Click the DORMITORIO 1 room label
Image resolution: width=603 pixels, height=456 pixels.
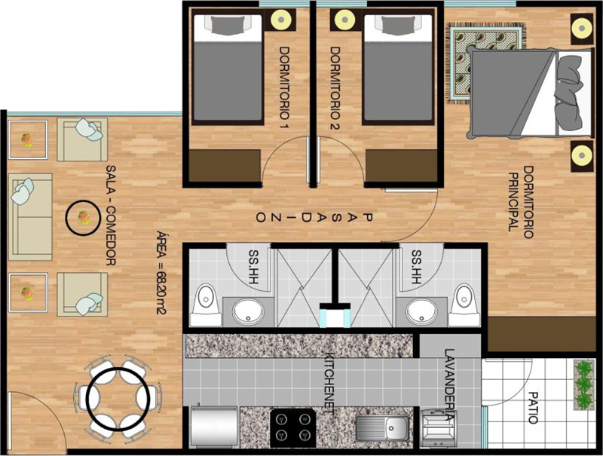pos(284,88)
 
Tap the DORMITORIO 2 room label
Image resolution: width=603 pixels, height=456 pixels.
pos(335,88)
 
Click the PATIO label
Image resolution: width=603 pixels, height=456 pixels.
pos(533,408)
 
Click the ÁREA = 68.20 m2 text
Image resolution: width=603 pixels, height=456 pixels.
pos(161,273)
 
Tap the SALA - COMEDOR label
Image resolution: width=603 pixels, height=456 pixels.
pos(111,216)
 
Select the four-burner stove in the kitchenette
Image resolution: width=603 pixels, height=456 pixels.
pos(293,427)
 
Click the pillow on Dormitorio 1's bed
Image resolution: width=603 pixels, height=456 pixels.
pos(228,25)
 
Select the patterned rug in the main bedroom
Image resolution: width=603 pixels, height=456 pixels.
pos(485,63)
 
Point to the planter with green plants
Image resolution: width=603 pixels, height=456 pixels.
pos(583,385)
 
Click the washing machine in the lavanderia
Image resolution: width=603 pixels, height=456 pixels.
pos(439,428)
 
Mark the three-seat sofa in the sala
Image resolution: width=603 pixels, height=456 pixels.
pos(30,217)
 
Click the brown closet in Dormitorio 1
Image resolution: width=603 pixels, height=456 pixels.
pos(225,166)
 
